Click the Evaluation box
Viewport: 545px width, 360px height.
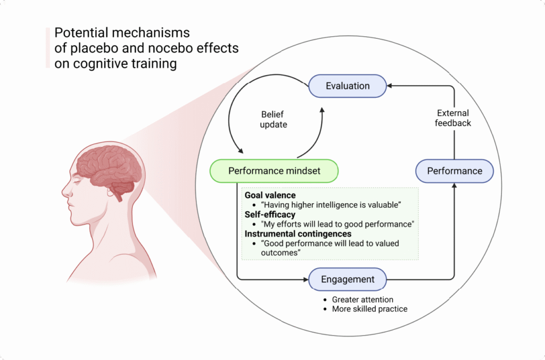click(x=348, y=86)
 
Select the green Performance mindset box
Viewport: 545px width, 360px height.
click(x=274, y=171)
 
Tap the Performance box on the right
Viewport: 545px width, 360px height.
click(x=454, y=171)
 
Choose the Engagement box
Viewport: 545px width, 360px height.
click(x=348, y=279)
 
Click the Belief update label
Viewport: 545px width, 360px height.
click(x=274, y=119)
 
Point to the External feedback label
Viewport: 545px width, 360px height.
click(x=453, y=118)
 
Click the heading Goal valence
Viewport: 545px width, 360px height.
click(x=270, y=196)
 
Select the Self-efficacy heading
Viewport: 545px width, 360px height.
click(x=270, y=214)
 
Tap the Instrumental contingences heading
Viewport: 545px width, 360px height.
click(x=298, y=233)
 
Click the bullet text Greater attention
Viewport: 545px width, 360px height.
click(x=362, y=300)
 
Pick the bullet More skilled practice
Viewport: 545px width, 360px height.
click(x=369, y=309)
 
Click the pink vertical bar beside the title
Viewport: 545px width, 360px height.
click(x=47, y=48)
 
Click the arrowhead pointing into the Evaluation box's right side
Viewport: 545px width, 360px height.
click(x=390, y=86)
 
